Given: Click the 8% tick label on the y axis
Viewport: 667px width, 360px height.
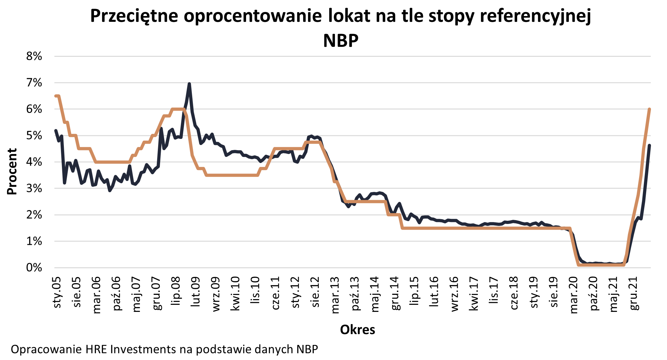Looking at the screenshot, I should pyautogui.click(x=34, y=56).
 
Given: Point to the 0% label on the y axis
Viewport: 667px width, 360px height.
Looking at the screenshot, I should pyautogui.click(x=34, y=268).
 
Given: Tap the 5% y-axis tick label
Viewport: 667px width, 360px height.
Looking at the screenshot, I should pyautogui.click(x=34, y=136).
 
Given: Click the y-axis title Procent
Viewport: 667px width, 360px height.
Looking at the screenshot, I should pyautogui.click(x=12, y=171).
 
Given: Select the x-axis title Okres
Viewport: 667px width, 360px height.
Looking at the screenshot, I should pyautogui.click(x=357, y=330).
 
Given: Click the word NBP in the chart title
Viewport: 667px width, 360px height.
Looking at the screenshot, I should pyautogui.click(x=340, y=41).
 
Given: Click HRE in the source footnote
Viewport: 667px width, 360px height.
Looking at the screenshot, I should pyautogui.click(x=97, y=349).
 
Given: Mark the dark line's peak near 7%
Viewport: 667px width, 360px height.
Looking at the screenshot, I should pyautogui.click(x=189, y=84).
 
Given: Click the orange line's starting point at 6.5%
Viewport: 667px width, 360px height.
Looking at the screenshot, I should pyautogui.click(x=56, y=96).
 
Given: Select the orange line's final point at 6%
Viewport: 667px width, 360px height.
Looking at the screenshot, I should pyautogui.click(x=649, y=109).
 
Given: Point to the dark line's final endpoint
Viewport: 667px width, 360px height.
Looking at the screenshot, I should pyautogui.click(x=649, y=145).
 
